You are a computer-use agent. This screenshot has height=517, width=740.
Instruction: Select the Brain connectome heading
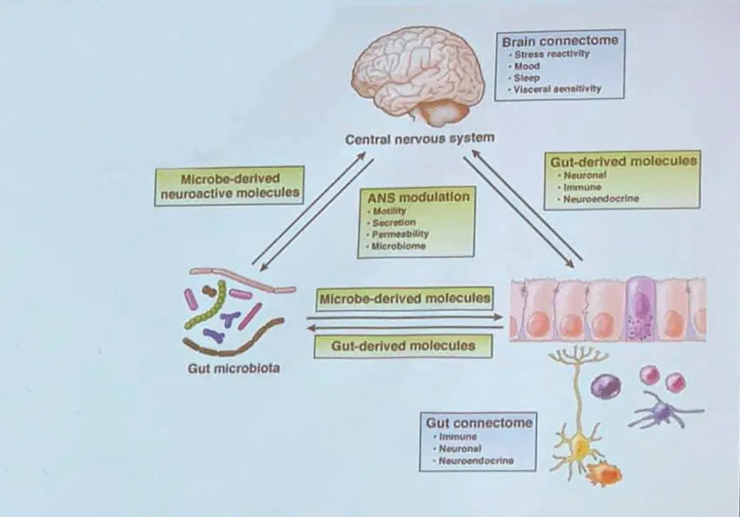coord(560,41)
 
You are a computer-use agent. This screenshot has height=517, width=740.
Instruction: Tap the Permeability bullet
coord(401,234)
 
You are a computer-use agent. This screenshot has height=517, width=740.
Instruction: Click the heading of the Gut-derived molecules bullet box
coord(624,161)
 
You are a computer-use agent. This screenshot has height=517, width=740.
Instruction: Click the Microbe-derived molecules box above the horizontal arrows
coord(405,299)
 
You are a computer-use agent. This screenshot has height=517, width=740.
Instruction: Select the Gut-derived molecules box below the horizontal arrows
coord(403,346)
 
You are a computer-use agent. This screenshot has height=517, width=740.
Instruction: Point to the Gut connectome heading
coord(477,422)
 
